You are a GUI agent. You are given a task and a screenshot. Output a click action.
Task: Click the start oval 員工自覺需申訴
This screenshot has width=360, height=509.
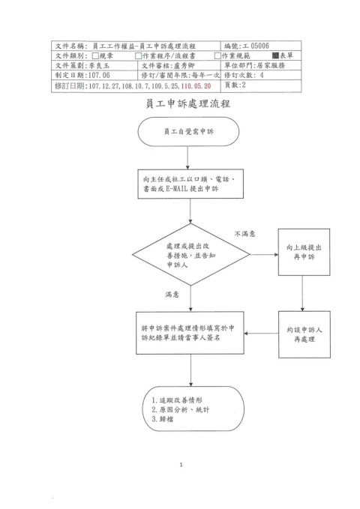188,131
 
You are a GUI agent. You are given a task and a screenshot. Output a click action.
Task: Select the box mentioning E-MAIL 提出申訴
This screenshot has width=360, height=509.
190,184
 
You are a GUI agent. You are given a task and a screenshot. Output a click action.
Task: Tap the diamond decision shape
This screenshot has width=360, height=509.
191,255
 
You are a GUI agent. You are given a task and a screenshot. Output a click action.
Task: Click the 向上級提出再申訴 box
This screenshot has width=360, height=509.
304,252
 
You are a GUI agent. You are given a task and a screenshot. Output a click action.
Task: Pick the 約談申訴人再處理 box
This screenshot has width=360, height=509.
304,334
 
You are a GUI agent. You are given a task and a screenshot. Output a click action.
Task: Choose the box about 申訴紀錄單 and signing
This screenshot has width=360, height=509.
190,333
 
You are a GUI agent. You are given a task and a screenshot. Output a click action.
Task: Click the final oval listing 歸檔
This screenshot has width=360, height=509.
193,409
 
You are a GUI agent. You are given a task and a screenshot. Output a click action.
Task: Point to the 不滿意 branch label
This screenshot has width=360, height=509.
245,234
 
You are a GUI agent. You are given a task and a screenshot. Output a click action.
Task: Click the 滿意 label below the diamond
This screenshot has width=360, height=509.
172,295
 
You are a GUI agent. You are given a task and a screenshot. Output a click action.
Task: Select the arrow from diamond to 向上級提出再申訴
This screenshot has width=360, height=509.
264,255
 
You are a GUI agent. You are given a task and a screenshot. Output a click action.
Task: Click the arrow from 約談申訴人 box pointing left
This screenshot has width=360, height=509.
261,334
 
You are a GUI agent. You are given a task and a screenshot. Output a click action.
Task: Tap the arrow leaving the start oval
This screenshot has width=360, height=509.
187,157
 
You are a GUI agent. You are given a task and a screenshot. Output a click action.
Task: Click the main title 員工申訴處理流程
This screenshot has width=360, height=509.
187,104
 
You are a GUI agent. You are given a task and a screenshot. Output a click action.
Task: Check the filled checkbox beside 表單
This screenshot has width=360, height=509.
275,55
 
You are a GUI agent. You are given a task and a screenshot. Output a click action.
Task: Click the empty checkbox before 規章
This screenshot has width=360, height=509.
95,55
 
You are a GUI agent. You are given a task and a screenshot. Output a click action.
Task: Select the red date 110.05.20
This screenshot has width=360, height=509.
196,86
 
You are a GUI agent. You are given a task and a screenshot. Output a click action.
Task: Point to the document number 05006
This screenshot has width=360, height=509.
260,46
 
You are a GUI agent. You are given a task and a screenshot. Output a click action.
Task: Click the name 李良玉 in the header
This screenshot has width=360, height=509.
100,65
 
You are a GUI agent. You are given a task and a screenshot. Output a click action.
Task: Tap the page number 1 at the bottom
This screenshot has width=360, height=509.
181,465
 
